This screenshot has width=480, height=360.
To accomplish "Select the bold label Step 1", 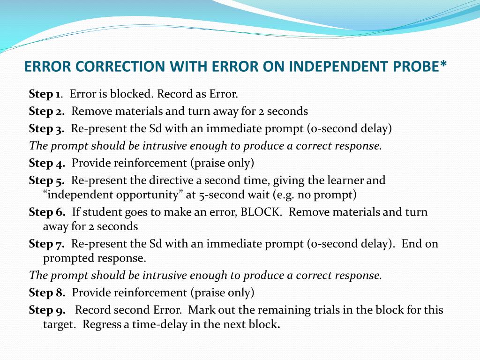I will tap(45, 94).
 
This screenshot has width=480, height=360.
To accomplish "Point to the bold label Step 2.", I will tap(46, 111).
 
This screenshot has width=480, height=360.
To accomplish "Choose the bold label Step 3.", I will tap(46, 128).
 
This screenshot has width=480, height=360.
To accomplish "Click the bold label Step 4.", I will tap(46, 163).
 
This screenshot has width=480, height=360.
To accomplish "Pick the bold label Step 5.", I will tap(46, 180).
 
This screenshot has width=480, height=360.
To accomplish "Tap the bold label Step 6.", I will tap(47, 212).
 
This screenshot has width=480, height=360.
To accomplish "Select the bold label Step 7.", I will tap(46, 244).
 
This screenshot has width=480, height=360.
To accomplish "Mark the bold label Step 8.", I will tap(47, 293).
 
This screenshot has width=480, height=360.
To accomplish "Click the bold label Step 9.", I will tap(47, 310).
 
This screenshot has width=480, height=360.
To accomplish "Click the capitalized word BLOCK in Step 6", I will tap(261, 212).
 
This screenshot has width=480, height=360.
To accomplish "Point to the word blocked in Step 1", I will tap(132, 94).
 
